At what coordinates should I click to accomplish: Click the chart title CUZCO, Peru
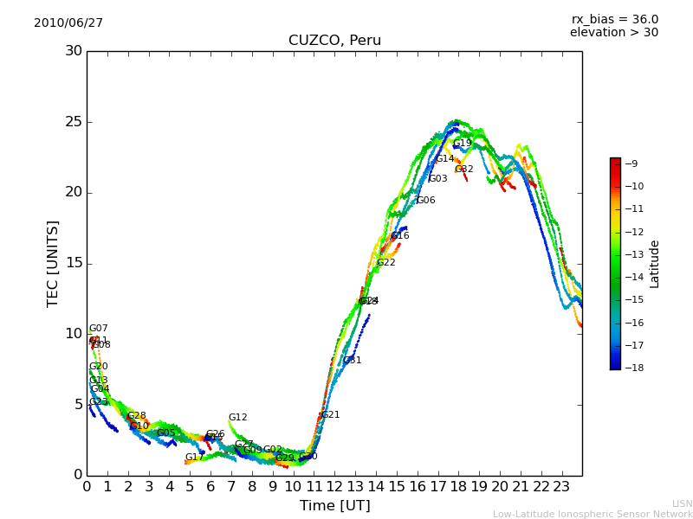coord(334,41)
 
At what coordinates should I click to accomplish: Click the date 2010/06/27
coord(68,22)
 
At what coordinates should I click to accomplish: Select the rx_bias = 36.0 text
coord(614,19)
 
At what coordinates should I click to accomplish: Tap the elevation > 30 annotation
coord(613,33)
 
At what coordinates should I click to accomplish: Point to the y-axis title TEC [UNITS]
coord(53,263)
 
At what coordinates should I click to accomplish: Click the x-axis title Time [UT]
coord(334,505)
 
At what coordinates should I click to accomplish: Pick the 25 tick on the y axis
coord(74,122)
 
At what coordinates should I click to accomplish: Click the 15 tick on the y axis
coord(74,263)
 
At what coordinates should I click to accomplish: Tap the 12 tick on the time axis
coord(334,486)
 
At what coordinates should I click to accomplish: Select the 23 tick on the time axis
coord(561,486)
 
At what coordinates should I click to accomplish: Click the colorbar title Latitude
coord(655,264)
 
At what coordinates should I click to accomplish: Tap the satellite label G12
coord(238,418)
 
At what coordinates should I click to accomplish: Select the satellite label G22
coord(385,263)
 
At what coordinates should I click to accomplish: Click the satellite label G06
coord(425,201)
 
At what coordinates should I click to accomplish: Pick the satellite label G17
coord(194,458)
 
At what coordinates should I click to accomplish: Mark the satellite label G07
coord(99,329)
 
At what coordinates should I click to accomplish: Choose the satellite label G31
coord(353,361)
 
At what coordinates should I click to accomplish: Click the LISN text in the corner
coord(682,503)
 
